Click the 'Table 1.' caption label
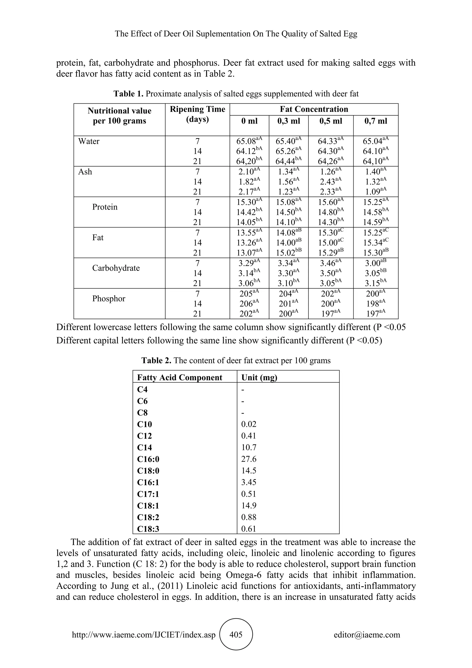coord(128,94)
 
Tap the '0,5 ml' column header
coord(331,121)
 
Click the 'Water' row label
coord(89,141)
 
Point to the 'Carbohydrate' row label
coord(116,268)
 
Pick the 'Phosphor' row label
coord(109,298)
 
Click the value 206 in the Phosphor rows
coord(246,304)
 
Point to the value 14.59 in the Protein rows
coord(373,222)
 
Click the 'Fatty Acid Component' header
coord(179,378)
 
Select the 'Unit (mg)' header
coord(259,378)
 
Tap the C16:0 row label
coord(148,459)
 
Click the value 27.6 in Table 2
coord(249,459)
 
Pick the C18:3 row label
coord(148,529)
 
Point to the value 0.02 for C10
coord(249,424)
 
